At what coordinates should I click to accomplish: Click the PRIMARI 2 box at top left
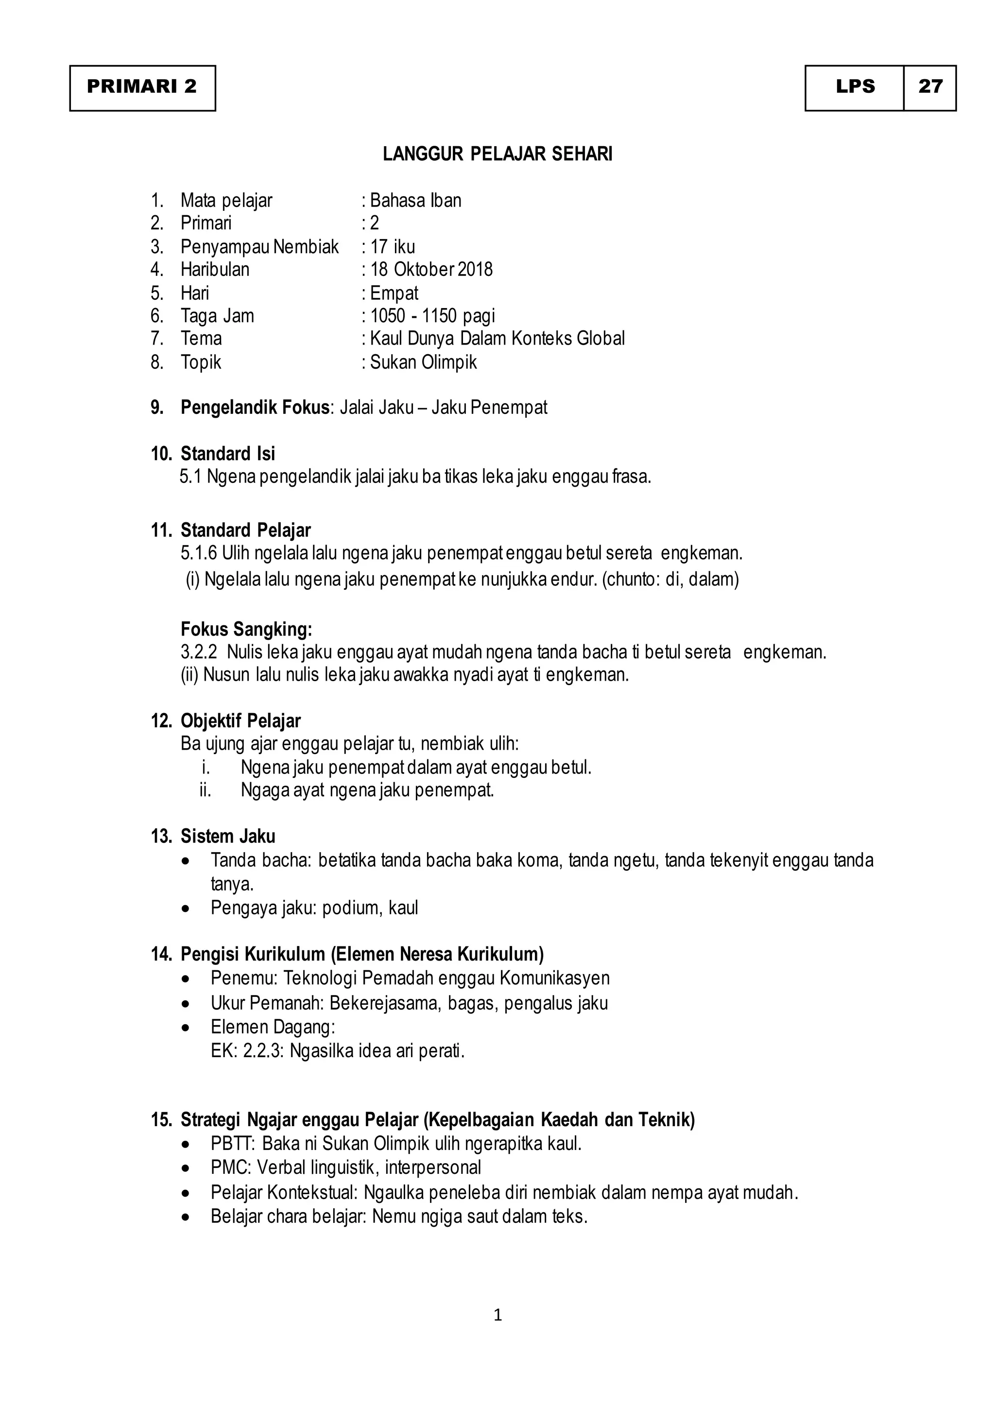(x=142, y=87)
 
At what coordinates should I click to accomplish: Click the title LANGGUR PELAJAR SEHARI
(x=497, y=154)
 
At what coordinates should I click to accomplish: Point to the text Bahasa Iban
(x=415, y=200)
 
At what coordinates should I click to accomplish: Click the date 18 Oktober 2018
(x=431, y=270)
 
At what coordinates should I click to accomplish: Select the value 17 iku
(x=392, y=247)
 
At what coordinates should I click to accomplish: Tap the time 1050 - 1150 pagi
(x=432, y=316)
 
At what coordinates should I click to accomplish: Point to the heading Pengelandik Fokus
(x=255, y=408)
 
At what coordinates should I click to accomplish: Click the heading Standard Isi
(x=227, y=454)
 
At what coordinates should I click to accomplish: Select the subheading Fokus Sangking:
(x=246, y=629)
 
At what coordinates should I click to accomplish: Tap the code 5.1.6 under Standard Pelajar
(x=199, y=553)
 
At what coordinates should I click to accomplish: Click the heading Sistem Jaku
(x=227, y=837)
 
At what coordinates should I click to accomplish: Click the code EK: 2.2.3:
(x=247, y=1051)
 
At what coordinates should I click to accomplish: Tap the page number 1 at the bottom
(x=497, y=1315)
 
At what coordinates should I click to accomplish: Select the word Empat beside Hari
(x=394, y=293)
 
